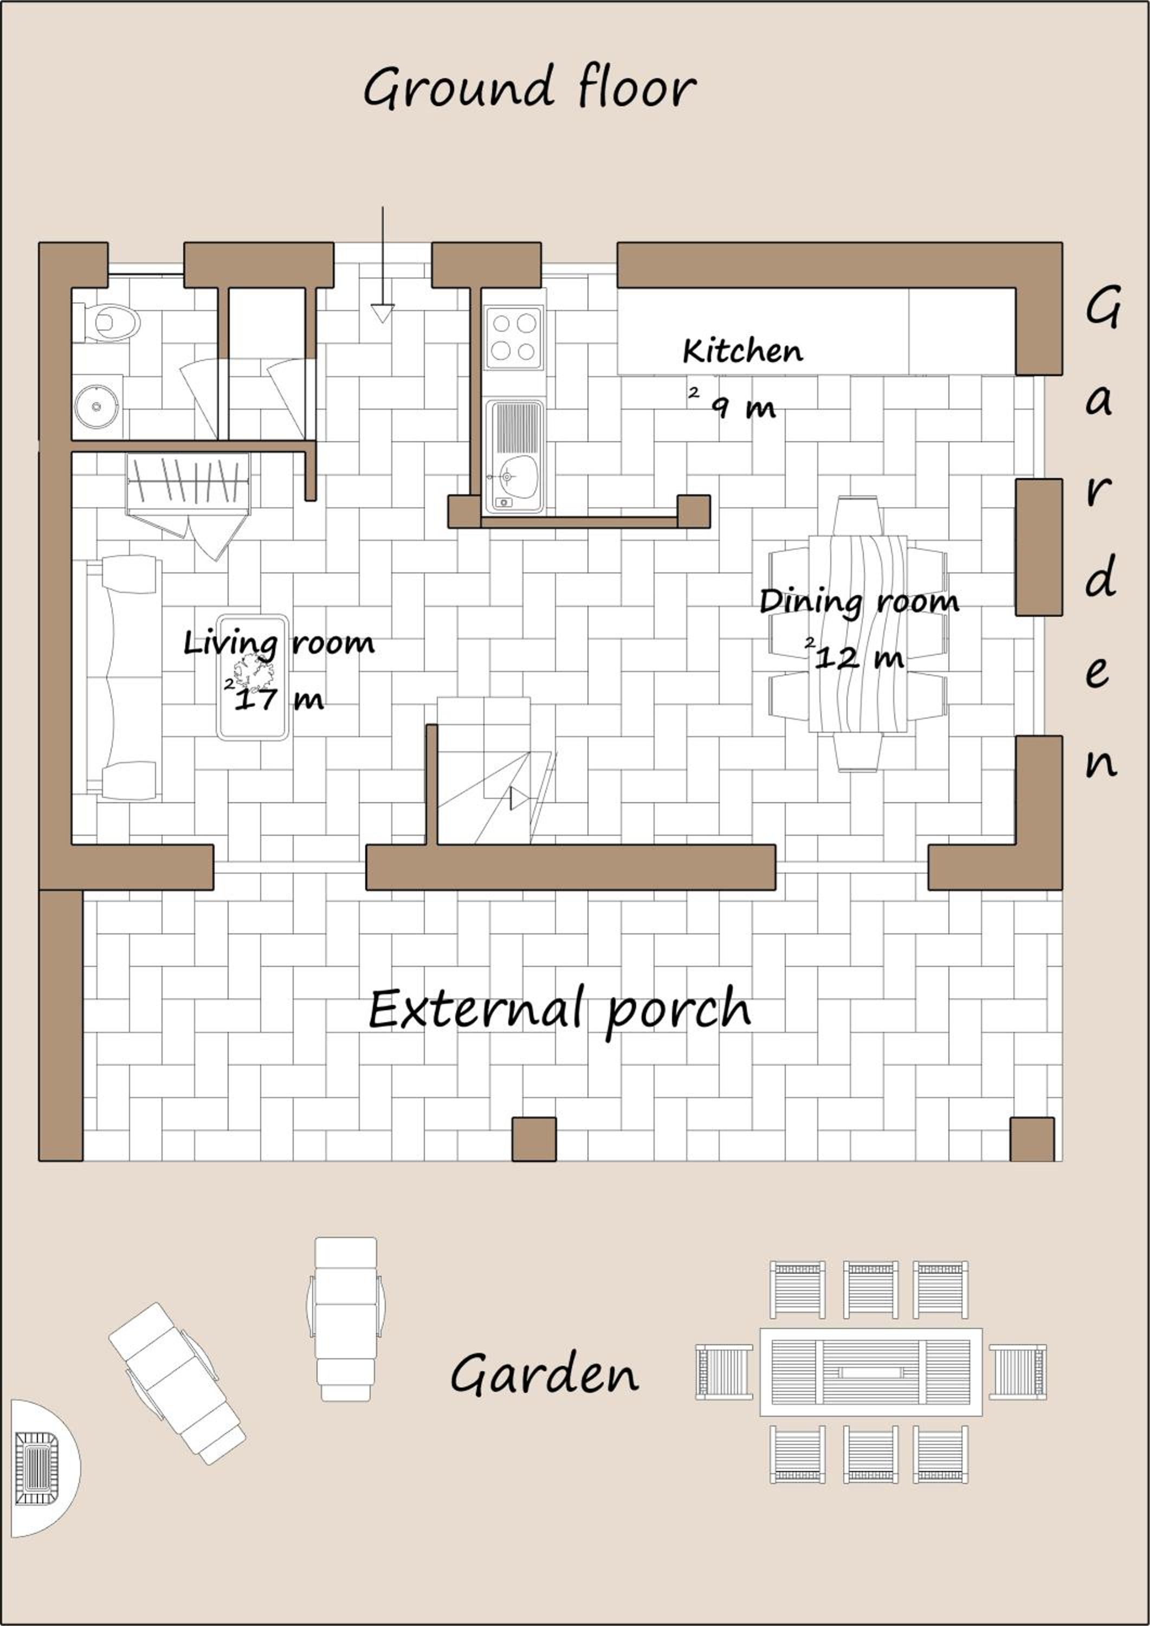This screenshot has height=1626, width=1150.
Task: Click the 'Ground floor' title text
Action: [529, 88]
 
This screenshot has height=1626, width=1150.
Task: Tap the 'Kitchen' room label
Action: [743, 351]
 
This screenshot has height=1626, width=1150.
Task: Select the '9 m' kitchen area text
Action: [743, 407]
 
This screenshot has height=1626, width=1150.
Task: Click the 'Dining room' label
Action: [860, 603]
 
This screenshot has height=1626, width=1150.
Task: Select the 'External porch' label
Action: [559, 1010]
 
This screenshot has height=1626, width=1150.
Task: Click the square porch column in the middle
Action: [534, 1139]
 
